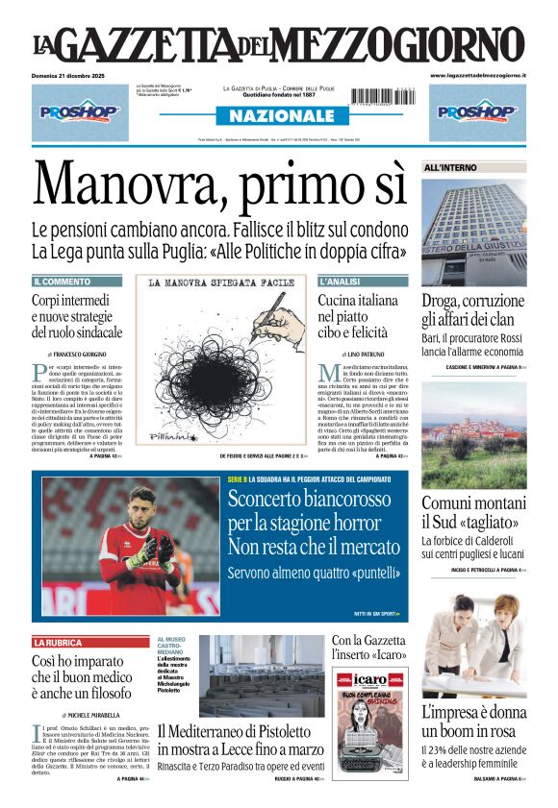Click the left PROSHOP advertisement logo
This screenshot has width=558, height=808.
[79, 111]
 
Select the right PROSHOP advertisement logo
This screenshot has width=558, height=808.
[477, 111]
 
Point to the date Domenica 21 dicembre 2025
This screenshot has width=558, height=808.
[71, 75]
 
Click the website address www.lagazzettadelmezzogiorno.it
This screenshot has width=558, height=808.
[477, 75]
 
